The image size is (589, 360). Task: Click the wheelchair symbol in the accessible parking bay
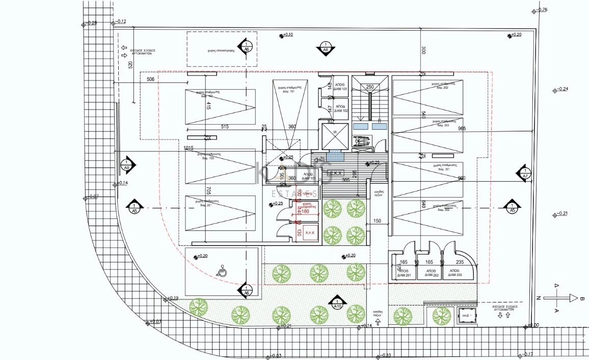[x=223, y=271]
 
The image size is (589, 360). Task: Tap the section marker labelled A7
[x=524, y=173]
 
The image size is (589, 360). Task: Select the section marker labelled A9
[x=127, y=164]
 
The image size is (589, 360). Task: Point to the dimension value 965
[x=462, y=128]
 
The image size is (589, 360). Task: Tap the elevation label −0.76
[x=542, y=10]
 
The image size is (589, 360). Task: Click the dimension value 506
[x=150, y=79]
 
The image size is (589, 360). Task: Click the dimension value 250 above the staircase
[x=370, y=87]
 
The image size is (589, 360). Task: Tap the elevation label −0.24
[x=563, y=89]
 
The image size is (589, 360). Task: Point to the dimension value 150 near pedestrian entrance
[x=377, y=221]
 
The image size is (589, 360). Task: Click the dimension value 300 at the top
[x=422, y=50]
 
